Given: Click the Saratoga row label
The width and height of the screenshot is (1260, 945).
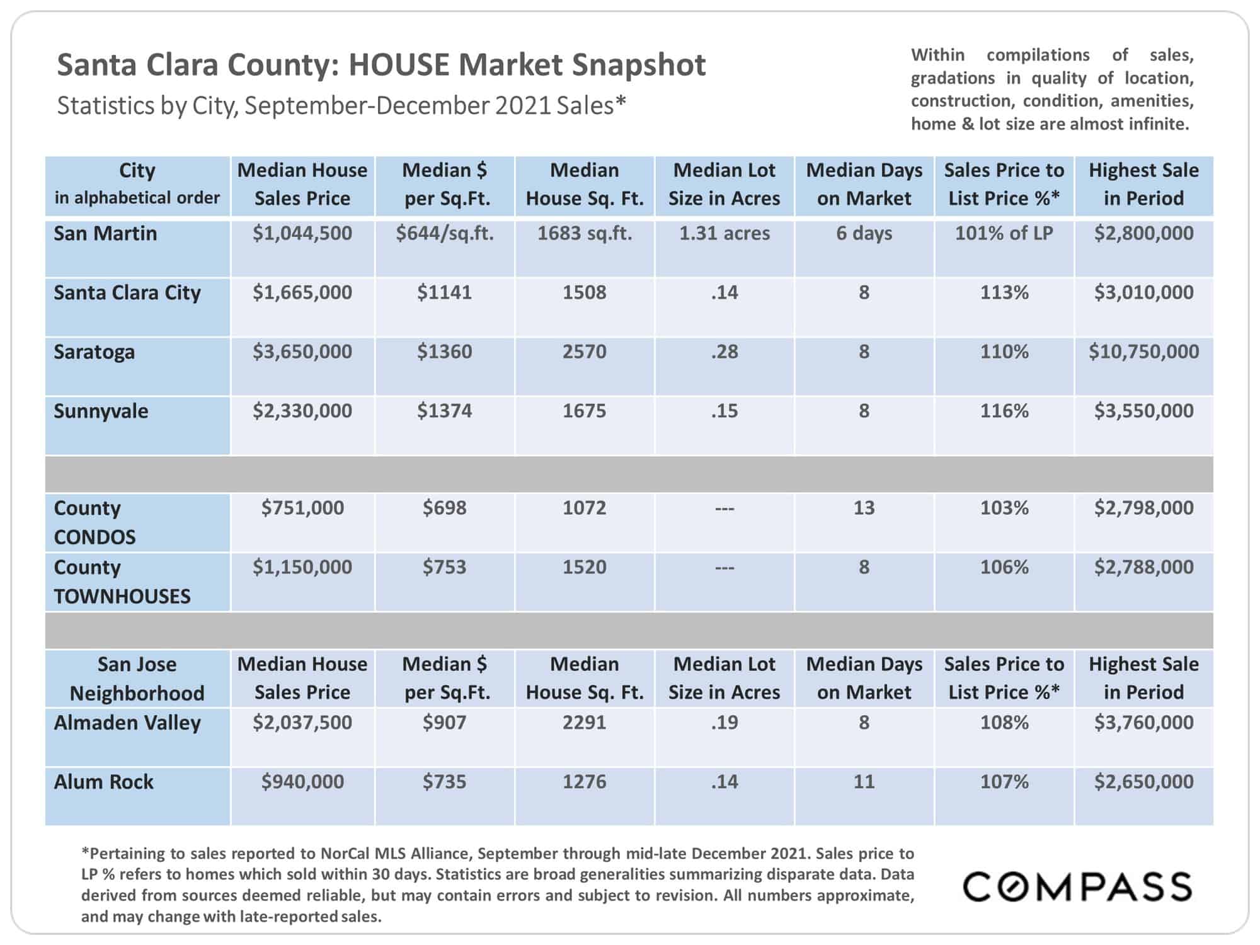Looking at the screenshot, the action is click(x=94, y=352).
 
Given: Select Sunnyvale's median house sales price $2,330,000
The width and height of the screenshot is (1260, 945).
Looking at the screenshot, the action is click(x=302, y=411).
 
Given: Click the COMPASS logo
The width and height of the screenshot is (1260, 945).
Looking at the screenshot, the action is click(x=1077, y=886).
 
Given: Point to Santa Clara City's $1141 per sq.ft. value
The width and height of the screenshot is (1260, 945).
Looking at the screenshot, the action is click(x=444, y=292).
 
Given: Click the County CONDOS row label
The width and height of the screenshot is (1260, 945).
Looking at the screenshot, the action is click(x=94, y=522).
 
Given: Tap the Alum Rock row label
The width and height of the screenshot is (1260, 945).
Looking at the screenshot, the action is click(x=103, y=782).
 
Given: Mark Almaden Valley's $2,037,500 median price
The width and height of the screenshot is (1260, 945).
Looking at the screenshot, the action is click(x=302, y=723).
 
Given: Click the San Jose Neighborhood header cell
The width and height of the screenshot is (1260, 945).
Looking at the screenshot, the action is click(x=137, y=679).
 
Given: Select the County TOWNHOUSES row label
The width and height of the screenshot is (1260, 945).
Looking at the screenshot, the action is click(x=122, y=581).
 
